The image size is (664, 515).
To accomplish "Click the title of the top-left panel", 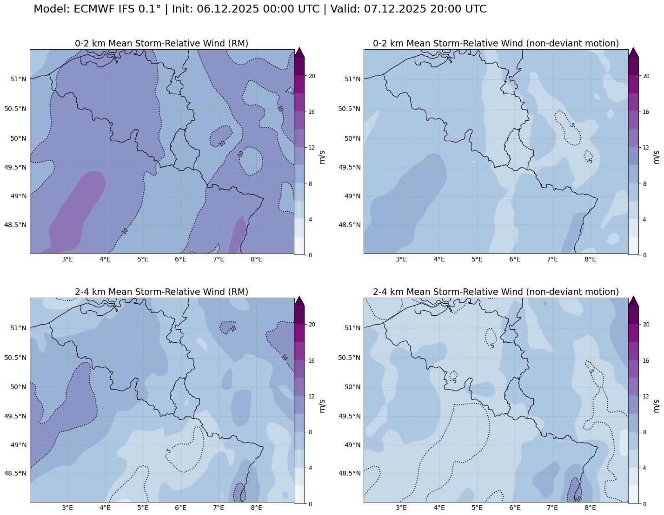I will point(161,43).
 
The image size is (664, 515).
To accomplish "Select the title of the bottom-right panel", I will point(496,292).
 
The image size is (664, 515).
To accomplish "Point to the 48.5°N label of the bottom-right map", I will point(349,473).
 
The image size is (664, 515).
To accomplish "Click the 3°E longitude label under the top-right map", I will point(401,259).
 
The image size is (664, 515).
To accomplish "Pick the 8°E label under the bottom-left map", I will point(256,508).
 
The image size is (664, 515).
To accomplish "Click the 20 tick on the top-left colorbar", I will point(312,76).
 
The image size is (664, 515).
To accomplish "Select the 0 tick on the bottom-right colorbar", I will point(645,504).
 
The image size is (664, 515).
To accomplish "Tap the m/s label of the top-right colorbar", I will point(656,157).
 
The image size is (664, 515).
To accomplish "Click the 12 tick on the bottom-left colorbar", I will point(312,397).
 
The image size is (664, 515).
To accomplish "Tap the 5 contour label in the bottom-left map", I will point(168,450).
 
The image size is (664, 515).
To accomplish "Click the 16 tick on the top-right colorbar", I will point(646,112).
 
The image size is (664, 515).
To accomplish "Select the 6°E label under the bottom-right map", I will point(515,508).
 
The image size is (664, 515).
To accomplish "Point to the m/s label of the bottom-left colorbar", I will point(322,405).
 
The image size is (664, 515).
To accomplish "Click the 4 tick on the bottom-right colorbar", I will point(645,468).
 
